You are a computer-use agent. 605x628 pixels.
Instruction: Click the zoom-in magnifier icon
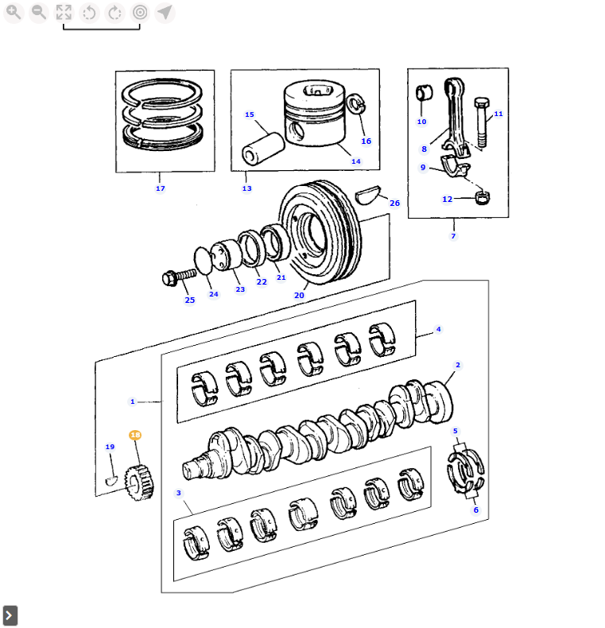click(x=14, y=12)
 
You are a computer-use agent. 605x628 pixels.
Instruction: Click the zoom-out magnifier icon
click(x=38, y=12)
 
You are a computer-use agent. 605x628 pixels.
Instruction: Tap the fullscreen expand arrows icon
click(x=64, y=12)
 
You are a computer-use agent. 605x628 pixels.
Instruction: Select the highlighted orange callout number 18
click(x=135, y=435)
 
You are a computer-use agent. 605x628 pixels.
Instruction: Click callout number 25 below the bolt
click(x=189, y=300)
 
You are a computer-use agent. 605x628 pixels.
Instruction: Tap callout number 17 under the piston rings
click(x=160, y=188)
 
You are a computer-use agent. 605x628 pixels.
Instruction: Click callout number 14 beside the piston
click(x=355, y=161)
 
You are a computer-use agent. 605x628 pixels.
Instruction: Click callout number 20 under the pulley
click(x=299, y=295)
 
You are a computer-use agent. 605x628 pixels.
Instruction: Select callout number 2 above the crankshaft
click(x=458, y=365)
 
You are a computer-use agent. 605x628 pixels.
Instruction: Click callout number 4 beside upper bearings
click(x=438, y=329)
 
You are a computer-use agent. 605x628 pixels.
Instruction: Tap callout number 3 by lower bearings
click(x=179, y=493)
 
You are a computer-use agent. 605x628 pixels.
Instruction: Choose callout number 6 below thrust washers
click(x=475, y=510)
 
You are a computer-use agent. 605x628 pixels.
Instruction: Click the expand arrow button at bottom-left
click(x=10, y=615)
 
